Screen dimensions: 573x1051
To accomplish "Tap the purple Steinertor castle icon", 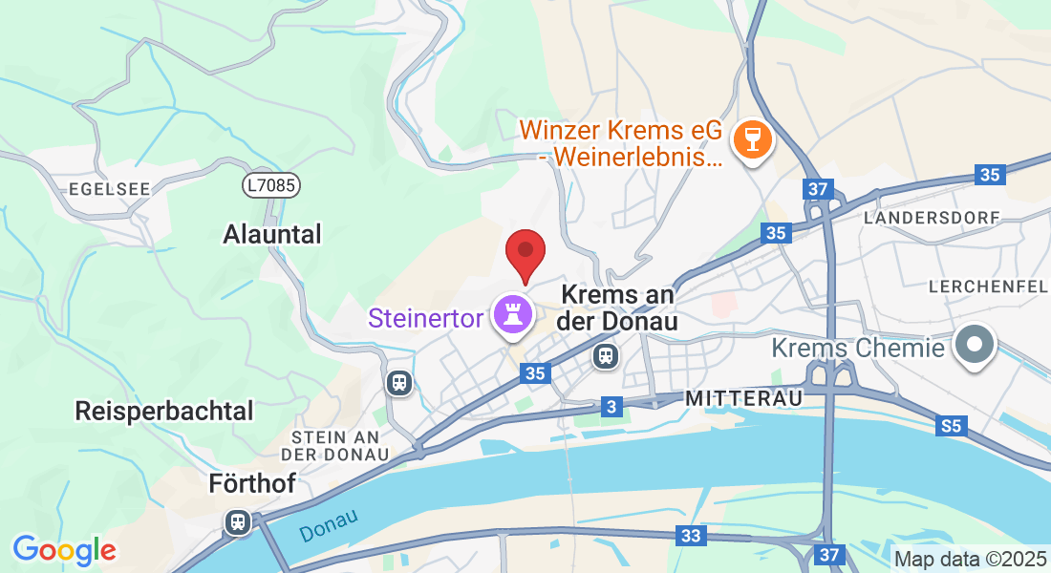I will pyautogui.click(x=511, y=314).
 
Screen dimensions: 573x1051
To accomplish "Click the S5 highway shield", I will pyautogui.click(x=951, y=426).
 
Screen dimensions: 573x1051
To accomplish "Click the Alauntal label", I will pyautogui.click(x=272, y=234).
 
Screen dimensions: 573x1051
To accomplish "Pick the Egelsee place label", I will pyautogui.click(x=110, y=189).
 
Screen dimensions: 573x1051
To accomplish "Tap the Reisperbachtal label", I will pyautogui.click(x=179, y=412).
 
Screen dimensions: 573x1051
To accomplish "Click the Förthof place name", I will pyautogui.click(x=252, y=484).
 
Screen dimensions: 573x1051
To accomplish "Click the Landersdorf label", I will pyautogui.click(x=932, y=218).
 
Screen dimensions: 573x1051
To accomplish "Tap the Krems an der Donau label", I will pyautogui.click(x=620, y=308).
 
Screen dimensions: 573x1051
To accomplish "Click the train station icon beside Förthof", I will pyautogui.click(x=237, y=522).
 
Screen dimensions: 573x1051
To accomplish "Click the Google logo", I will pyautogui.click(x=64, y=550).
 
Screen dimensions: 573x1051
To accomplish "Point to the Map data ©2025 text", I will pyautogui.click(x=970, y=560).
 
